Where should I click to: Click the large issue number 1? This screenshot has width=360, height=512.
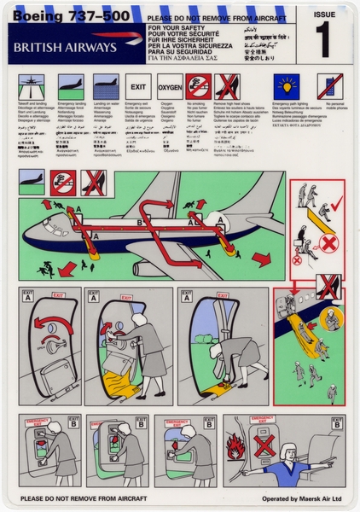point(325,38)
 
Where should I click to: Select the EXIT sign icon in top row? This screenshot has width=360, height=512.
point(138,87)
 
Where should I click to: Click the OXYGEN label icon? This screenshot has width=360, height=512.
point(170,87)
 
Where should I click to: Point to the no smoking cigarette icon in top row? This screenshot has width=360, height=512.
point(199,86)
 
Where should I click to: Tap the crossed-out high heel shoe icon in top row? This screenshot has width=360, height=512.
point(227,86)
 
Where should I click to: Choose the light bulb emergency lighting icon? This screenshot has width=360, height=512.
point(285,86)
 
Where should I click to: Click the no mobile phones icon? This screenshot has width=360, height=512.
point(329,86)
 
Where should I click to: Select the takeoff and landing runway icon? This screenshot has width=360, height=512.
point(31,86)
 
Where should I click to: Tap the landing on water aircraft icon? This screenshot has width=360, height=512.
point(104,86)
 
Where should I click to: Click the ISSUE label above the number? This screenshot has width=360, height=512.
point(325,14)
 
